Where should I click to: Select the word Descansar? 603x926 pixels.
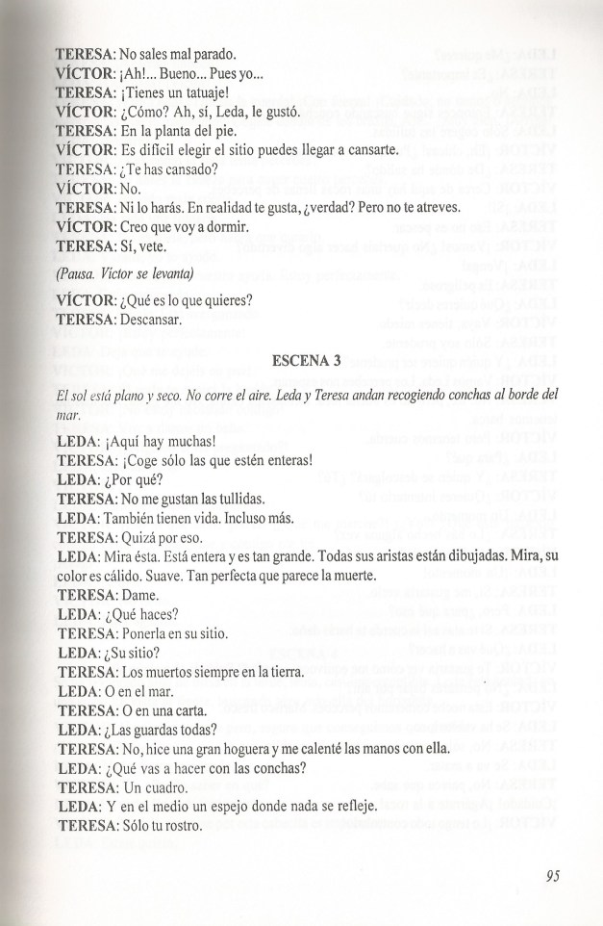[x=152, y=320]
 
